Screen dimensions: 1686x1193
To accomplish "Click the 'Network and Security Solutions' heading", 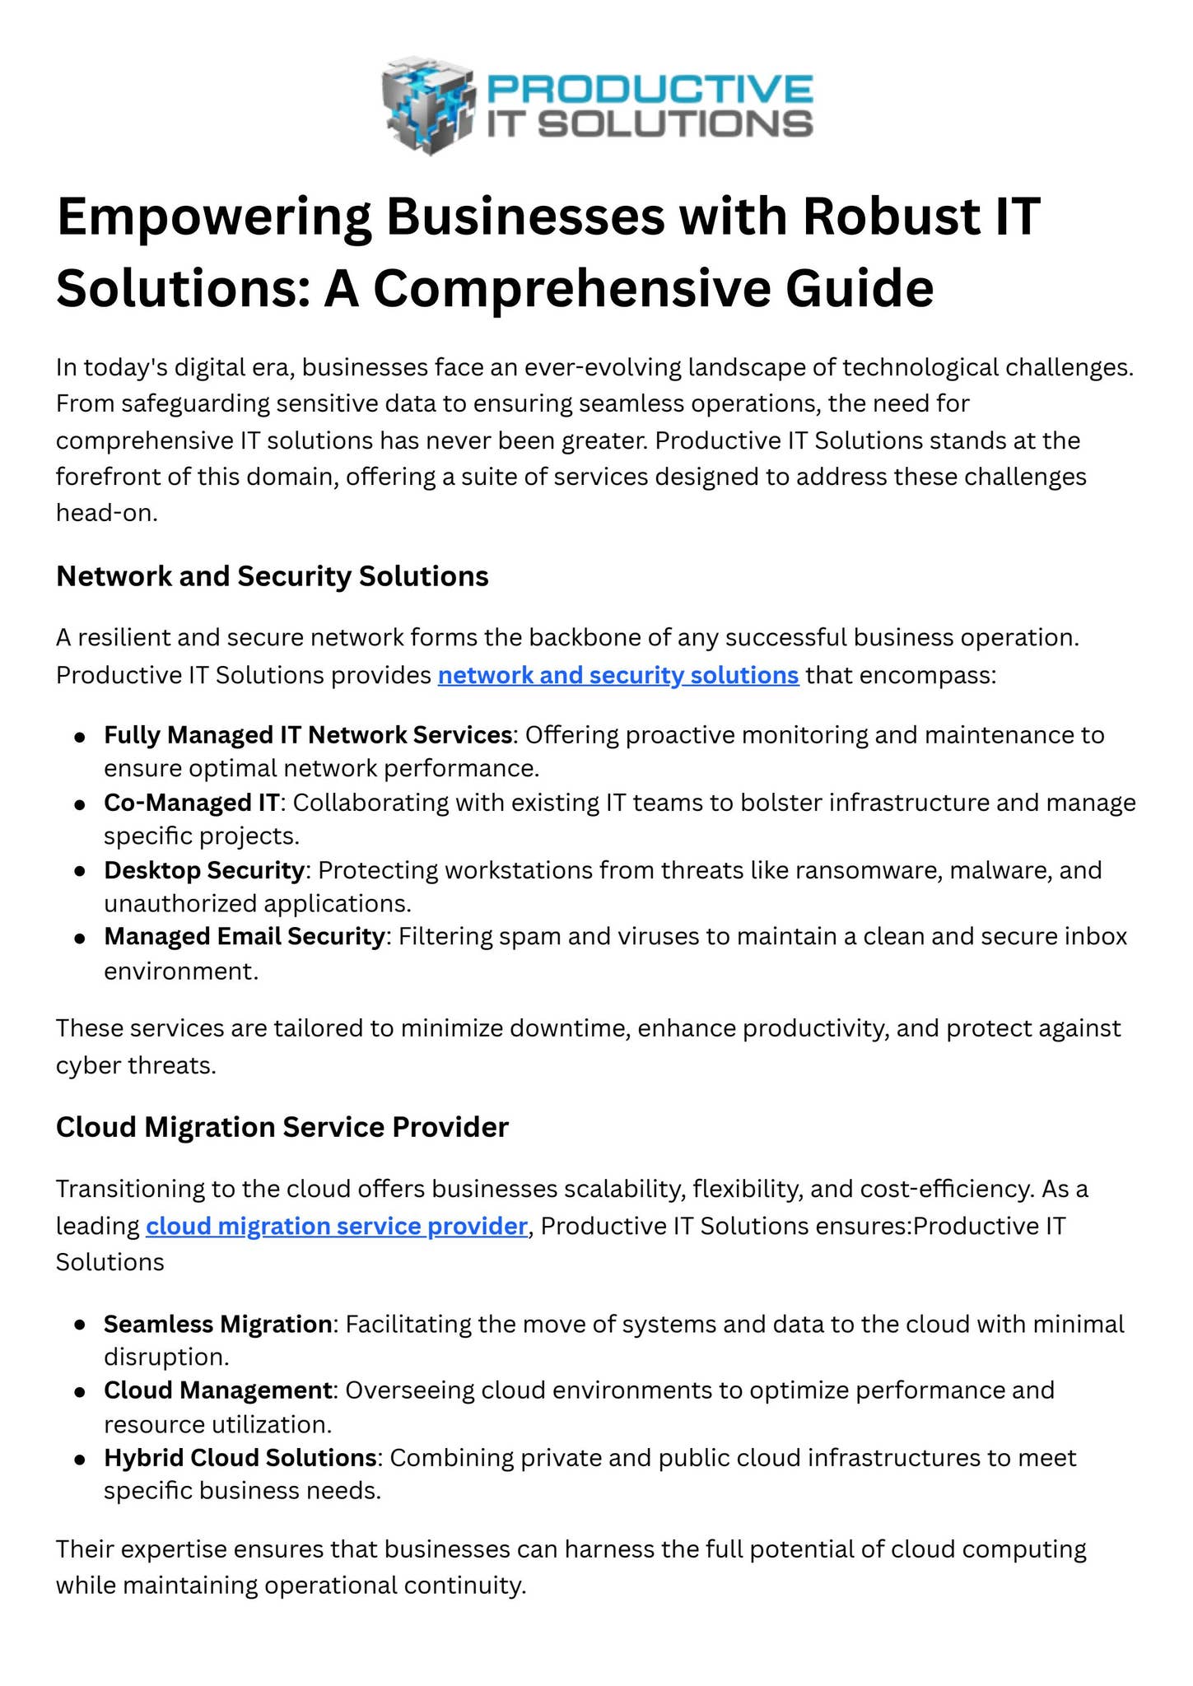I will click(272, 576).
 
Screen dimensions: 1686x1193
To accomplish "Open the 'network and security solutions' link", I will click(618, 675).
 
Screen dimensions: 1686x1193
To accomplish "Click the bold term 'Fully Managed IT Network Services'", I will click(308, 734).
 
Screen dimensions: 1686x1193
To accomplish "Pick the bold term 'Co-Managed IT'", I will click(192, 802).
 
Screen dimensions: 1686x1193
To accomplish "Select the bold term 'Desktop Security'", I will click(204, 869).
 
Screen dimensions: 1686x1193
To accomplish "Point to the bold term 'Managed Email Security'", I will click(245, 937).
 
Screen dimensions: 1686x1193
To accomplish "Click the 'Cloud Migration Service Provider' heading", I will click(282, 1127).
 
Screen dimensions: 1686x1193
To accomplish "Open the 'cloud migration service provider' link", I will click(336, 1226).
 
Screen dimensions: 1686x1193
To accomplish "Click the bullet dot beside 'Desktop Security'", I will click(80, 870).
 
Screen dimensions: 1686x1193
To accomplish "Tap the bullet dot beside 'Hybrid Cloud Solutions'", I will click(80, 1459).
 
